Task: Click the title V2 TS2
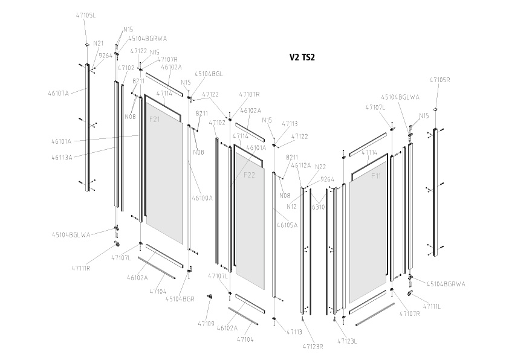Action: point(302,58)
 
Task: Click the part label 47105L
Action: point(86,14)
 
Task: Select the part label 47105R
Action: point(439,80)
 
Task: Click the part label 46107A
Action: point(59,93)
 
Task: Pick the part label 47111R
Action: point(80,268)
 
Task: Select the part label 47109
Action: point(206,324)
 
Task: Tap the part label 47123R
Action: point(313,347)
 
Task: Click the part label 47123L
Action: point(346,341)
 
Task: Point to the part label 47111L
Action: point(432,306)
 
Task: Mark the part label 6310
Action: point(319,206)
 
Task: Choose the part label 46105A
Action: point(287,225)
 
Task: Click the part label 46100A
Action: point(202,198)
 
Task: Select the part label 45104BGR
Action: point(180,298)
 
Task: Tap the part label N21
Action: point(99,43)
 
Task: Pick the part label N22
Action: point(320,167)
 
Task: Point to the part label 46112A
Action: point(301,165)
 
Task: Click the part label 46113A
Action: point(62,157)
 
